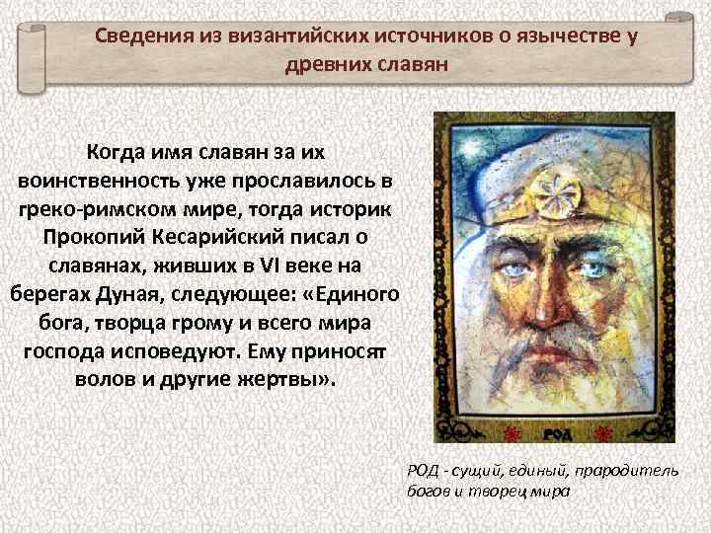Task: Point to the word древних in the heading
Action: tap(322, 65)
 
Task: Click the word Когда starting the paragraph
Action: tap(117, 154)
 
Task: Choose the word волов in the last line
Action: tap(102, 380)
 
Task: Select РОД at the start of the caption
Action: tap(420, 470)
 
